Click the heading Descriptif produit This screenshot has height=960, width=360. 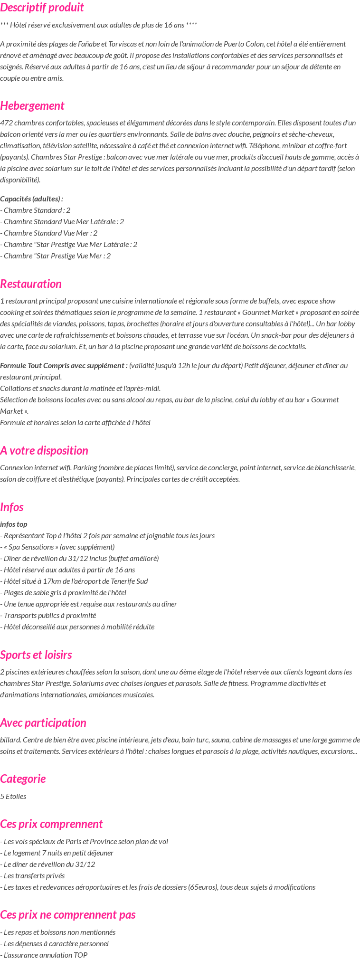(42, 8)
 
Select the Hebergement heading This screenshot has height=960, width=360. (32, 105)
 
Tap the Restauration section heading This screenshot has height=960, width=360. (31, 284)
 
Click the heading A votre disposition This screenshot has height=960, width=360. (44, 450)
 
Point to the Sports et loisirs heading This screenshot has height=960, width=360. (36, 655)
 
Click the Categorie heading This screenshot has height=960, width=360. (23, 779)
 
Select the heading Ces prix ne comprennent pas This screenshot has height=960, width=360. (68, 914)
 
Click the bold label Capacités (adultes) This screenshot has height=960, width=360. (31, 199)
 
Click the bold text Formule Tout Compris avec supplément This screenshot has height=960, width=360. (64, 365)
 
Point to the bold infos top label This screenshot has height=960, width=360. (14, 524)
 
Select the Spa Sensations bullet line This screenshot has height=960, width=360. (57, 547)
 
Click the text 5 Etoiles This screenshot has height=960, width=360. (13, 796)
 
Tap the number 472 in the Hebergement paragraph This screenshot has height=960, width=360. (6, 123)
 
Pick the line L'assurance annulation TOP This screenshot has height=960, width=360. (44, 955)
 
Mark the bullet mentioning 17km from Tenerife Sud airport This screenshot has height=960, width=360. (74, 581)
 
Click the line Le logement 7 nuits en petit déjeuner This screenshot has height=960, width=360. (57, 853)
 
